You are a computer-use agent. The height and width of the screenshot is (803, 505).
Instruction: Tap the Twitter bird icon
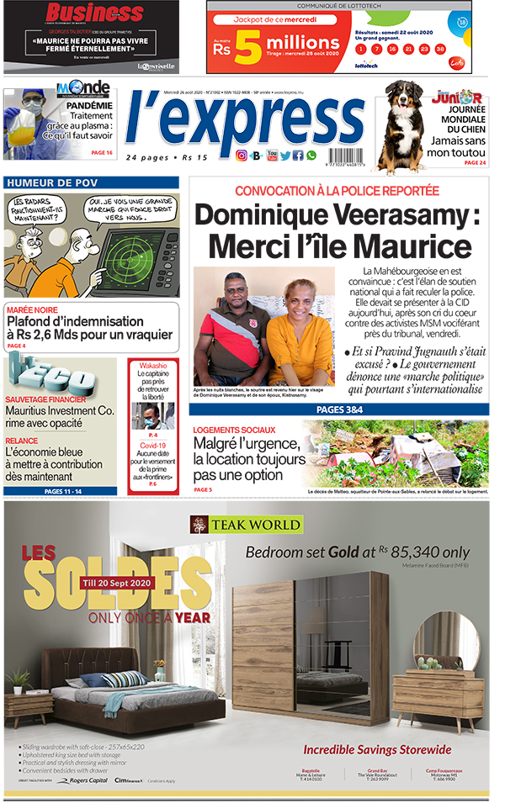[285, 156]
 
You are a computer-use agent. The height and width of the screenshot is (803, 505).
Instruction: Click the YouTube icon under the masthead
[272, 156]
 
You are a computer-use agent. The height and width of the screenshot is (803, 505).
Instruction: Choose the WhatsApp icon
[311, 156]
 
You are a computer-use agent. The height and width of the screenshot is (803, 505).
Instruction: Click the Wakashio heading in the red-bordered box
[153, 367]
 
